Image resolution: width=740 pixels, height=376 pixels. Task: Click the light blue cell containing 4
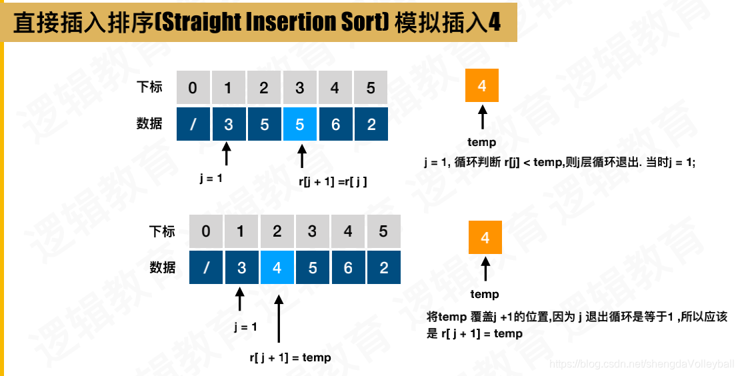pyautogui.click(x=277, y=267)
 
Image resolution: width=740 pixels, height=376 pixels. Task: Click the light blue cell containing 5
pyautogui.click(x=300, y=124)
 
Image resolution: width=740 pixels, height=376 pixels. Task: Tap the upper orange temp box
pyautogui.click(x=482, y=86)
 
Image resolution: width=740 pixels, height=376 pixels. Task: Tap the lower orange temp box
pyautogui.click(x=485, y=238)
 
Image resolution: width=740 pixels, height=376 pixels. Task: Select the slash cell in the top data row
pyautogui.click(x=193, y=124)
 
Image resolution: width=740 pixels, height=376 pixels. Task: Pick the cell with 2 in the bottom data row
pyautogui.click(x=383, y=267)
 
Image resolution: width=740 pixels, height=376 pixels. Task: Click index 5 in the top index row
pyautogui.click(x=371, y=88)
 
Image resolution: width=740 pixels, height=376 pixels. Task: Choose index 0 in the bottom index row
pyautogui.click(x=206, y=231)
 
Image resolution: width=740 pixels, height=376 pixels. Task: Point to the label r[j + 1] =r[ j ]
pyautogui.click(x=333, y=181)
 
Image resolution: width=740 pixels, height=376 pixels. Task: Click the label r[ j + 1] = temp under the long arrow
pyautogui.click(x=290, y=357)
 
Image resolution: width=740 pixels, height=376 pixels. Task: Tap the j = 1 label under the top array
pyautogui.click(x=211, y=178)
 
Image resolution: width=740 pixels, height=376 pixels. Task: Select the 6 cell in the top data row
pyautogui.click(x=335, y=124)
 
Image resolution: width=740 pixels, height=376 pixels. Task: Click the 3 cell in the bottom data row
pyautogui.click(x=241, y=267)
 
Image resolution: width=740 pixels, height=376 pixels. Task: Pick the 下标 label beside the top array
pyautogui.click(x=149, y=87)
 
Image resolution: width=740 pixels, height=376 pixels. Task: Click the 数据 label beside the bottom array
pyautogui.click(x=163, y=267)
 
